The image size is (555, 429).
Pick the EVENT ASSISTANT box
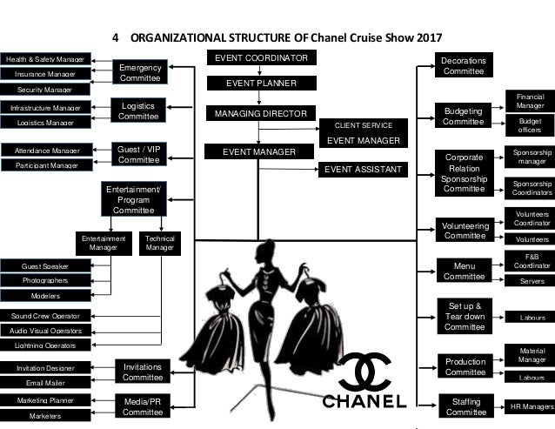click(363, 169)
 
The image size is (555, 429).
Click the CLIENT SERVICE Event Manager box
click(363, 132)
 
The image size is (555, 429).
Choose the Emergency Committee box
click(139, 71)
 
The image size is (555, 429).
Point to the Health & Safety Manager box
click(45, 59)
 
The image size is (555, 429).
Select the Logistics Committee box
click(139, 111)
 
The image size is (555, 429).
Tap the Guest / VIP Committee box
click(139, 154)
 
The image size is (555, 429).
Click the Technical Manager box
click(159, 242)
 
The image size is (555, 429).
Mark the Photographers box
click(45, 280)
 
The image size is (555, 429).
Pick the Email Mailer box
click(45, 382)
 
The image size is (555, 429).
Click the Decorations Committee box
click(464, 65)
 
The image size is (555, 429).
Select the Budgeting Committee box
click(464, 117)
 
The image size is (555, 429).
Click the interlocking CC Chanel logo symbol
click(364, 372)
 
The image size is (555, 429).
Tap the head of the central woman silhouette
click(260, 248)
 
